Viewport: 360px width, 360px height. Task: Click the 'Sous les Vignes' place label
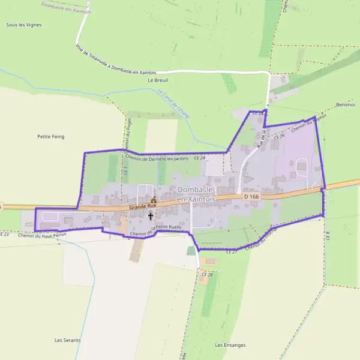(20, 25)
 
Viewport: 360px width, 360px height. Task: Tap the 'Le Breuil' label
(158, 79)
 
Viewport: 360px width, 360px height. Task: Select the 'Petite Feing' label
(50, 137)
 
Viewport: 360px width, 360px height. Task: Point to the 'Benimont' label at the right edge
(347, 104)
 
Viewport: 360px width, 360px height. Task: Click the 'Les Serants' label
(67, 340)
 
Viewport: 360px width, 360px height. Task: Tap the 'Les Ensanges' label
(230, 345)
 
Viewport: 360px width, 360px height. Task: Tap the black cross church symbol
(150, 215)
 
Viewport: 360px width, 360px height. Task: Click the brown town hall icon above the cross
(153, 200)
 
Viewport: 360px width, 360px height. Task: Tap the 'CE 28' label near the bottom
(207, 274)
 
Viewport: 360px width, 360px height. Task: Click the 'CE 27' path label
(232, 252)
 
